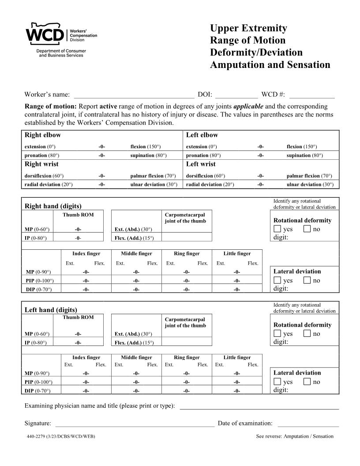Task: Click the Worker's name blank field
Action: (x=134, y=94)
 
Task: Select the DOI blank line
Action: (x=236, y=94)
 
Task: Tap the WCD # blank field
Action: (x=311, y=94)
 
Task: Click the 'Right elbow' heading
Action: (x=43, y=135)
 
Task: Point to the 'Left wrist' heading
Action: (x=201, y=164)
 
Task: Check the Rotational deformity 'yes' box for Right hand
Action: (x=277, y=229)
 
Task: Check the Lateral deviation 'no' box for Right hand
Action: (x=307, y=281)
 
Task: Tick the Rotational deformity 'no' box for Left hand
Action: (x=307, y=334)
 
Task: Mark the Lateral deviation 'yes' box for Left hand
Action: (x=277, y=382)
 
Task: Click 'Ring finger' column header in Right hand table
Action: (x=187, y=254)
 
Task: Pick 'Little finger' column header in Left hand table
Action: (x=237, y=357)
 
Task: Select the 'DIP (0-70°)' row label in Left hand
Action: (x=37, y=391)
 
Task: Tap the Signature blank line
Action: (x=135, y=424)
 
